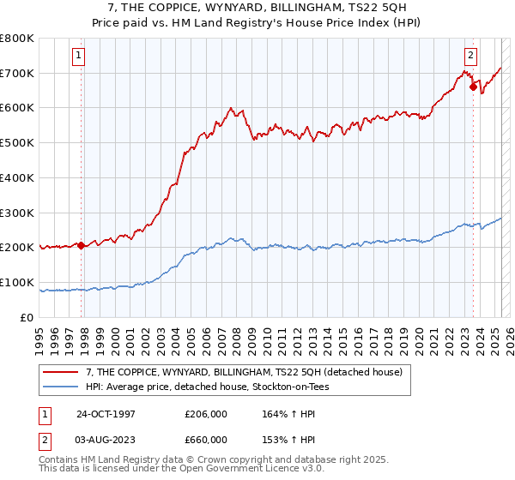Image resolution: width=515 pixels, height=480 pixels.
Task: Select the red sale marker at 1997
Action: [82, 245]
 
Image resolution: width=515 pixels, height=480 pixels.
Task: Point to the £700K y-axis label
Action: [18, 73]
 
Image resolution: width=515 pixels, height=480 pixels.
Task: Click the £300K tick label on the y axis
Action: [18, 213]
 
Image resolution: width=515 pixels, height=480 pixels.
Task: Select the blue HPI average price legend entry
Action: [207, 387]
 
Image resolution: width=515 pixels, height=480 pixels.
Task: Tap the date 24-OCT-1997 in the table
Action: [106, 414]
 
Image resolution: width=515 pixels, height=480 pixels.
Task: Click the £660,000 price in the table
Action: [206, 440]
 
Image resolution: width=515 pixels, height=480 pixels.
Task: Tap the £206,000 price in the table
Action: [206, 414]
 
